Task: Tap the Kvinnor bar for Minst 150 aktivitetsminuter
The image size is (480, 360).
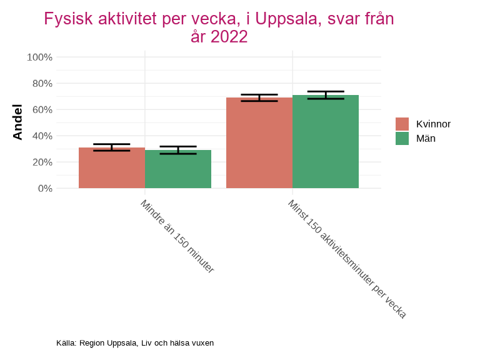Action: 259,143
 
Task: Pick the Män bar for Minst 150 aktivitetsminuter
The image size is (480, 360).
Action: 326,142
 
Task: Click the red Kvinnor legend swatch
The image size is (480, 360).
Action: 402,124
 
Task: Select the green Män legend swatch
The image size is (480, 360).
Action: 402,138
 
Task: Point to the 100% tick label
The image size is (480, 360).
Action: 40,57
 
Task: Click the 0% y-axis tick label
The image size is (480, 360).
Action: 45,188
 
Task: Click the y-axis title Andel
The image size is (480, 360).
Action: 18,122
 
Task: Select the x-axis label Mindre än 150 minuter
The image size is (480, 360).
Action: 177,236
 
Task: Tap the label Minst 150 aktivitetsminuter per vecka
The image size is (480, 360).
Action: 347,259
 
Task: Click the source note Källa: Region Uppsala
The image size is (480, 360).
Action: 135,343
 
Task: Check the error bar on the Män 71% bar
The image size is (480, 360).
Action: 326,95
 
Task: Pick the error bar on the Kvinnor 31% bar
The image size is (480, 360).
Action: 112,147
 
